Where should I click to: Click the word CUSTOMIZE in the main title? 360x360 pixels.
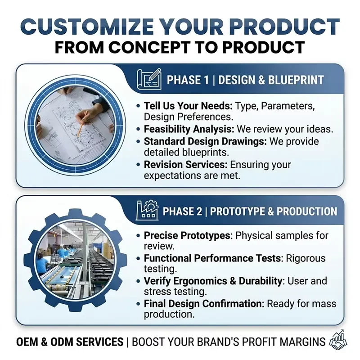87,27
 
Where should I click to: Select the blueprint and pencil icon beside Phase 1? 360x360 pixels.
149,79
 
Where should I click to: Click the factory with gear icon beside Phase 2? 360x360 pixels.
147,210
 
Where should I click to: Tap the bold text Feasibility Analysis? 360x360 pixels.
189,129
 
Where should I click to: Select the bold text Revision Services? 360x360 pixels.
185,165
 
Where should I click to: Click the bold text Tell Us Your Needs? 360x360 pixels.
188,106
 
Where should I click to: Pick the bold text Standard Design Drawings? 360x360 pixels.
205,141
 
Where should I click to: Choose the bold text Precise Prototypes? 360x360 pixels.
187,235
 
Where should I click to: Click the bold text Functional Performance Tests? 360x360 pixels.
212,258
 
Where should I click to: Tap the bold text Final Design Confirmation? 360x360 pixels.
203,304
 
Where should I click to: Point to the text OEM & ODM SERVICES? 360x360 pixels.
70,342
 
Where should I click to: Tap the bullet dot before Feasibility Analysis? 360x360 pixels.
138,129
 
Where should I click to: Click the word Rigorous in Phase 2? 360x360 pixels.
306,258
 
